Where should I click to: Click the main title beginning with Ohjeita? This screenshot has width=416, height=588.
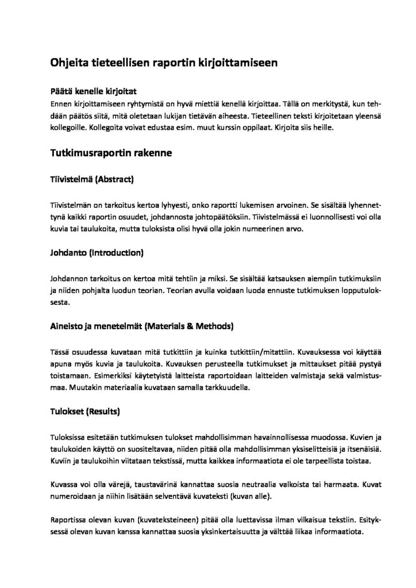pyautogui.click(x=164, y=64)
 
